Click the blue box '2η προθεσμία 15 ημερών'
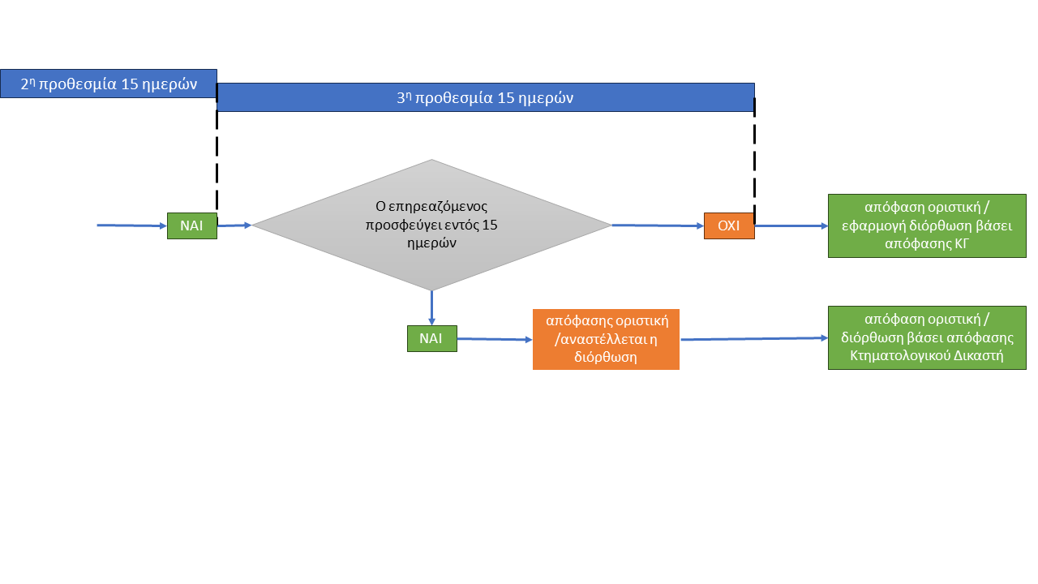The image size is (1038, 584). (109, 84)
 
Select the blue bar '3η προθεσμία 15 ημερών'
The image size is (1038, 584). (485, 97)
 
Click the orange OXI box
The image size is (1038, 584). (729, 225)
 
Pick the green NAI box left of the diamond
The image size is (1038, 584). (192, 225)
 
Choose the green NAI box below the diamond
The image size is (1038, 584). (431, 338)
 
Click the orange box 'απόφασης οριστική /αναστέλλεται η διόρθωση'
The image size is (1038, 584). (606, 339)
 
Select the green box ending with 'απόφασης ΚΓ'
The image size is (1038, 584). (927, 225)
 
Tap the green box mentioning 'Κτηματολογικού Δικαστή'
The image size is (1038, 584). (927, 337)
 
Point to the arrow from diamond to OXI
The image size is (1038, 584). (657, 225)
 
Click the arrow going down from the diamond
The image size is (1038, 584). (431, 308)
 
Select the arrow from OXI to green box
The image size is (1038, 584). (791, 225)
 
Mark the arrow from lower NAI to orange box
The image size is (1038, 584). (495, 339)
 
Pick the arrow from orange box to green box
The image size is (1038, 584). (753, 338)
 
